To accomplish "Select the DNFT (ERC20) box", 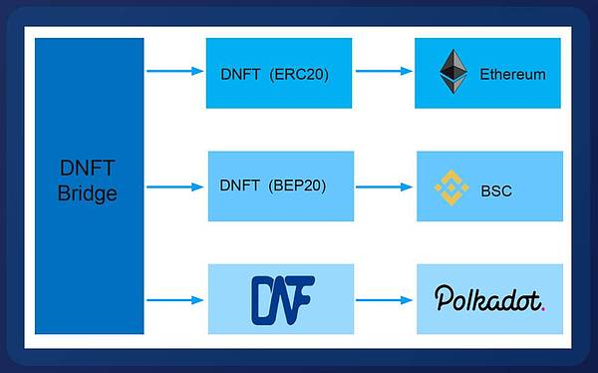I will [279, 73].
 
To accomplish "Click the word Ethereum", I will [512, 74].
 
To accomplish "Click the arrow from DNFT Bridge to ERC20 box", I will [174, 72].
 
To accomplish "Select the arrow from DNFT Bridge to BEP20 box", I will [174, 186].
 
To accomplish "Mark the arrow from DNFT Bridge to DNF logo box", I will [174, 298].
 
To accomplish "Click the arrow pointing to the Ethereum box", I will [384, 72].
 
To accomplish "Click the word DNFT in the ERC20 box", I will [239, 73].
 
